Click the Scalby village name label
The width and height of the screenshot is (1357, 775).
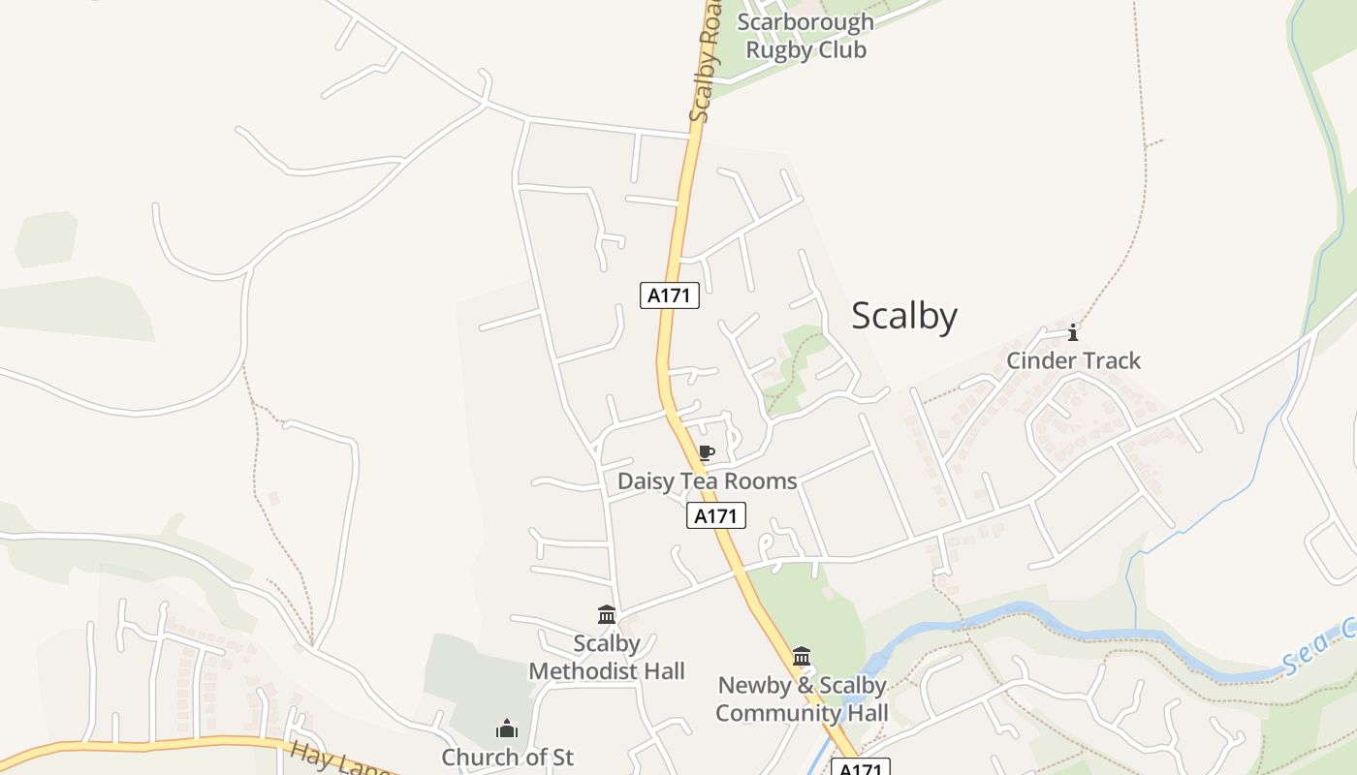click(x=903, y=317)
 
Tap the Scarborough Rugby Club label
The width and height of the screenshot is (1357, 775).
click(x=805, y=36)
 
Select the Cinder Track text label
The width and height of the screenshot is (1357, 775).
click(x=1073, y=360)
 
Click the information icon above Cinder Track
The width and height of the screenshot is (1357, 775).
click(x=1073, y=333)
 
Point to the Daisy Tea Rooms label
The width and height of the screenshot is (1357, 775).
click(x=708, y=480)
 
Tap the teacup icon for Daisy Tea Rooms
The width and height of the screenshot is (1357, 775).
click(x=706, y=453)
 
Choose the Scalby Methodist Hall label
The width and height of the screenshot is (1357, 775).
click(x=607, y=657)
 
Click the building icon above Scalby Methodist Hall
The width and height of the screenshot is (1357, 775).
click(x=607, y=614)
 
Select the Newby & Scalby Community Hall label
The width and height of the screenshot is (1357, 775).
click(x=802, y=698)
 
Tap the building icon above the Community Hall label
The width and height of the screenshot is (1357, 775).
click(x=802, y=657)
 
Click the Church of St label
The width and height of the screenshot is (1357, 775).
click(x=507, y=757)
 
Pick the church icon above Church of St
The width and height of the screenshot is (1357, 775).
click(x=506, y=728)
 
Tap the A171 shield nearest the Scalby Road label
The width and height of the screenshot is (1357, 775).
click(x=669, y=295)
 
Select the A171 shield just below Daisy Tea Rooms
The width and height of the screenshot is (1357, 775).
click(x=716, y=516)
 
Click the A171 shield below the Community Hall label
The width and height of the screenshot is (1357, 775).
click(x=860, y=768)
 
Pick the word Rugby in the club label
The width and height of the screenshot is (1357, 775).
click(x=776, y=49)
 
